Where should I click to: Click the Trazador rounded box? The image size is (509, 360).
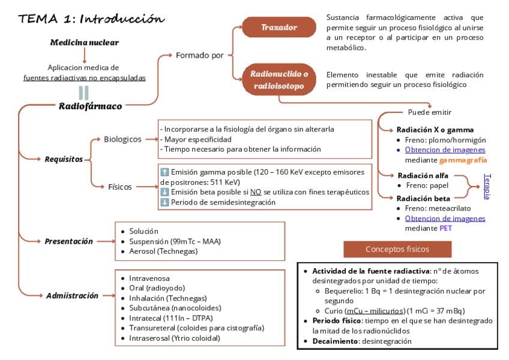click(x=279, y=27)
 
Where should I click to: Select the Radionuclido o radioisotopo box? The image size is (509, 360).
click(x=279, y=80)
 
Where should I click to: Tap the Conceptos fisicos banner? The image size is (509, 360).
click(x=397, y=249)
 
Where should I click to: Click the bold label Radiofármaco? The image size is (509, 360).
click(x=90, y=106)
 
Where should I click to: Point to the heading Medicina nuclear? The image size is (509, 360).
click(x=85, y=43)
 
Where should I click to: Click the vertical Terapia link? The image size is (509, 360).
click(x=487, y=187)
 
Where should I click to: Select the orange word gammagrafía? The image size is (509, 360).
click(x=463, y=160)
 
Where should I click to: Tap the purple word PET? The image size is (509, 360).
click(x=446, y=228)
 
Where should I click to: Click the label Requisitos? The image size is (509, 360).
click(x=64, y=160)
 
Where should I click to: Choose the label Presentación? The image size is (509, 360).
click(x=68, y=242)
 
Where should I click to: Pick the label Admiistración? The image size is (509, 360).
click(x=72, y=296)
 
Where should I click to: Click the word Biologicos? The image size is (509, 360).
click(x=122, y=139)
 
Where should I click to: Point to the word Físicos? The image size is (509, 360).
click(x=120, y=187)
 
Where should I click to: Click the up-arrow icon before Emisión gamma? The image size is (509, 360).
click(x=164, y=172)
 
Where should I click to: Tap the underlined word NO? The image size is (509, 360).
click(x=256, y=192)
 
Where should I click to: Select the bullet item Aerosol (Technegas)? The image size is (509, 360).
click(x=163, y=251)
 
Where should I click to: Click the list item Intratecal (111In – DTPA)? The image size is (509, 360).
click(x=170, y=318)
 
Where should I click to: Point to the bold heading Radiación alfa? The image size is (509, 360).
click(x=423, y=176)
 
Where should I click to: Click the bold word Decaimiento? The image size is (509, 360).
click(x=335, y=341)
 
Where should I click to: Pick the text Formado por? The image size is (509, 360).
click(x=200, y=56)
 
